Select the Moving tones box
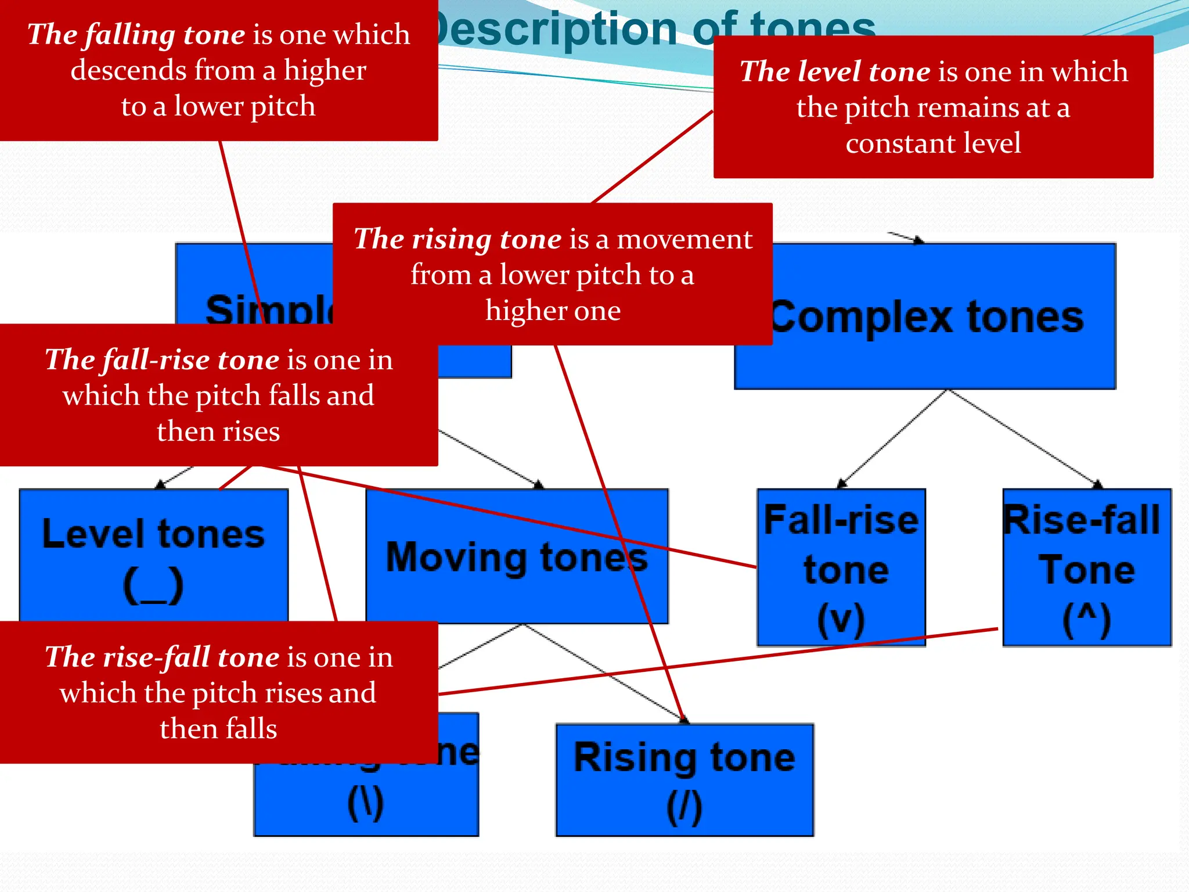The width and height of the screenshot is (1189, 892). click(x=517, y=557)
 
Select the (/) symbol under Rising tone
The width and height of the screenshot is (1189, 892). click(x=684, y=807)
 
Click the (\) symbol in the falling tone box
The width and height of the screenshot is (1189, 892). click(x=366, y=804)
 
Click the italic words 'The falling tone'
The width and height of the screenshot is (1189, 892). click(x=136, y=35)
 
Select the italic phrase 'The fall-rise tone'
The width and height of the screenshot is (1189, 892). click(x=163, y=360)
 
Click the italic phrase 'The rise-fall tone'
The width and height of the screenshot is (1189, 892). click(x=163, y=657)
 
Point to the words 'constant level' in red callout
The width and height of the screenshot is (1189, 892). click(x=933, y=143)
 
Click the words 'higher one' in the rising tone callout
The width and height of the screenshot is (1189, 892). click(x=553, y=311)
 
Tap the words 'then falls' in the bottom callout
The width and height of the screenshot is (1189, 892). click(x=218, y=729)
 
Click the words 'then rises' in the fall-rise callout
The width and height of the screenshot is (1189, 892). click(x=218, y=431)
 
